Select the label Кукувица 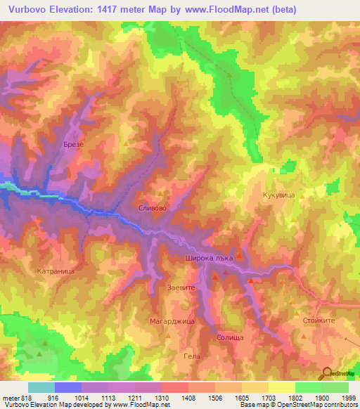[276, 198]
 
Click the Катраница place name [56, 270]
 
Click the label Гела [191, 356]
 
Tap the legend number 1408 [188, 397]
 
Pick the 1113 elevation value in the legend [108, 397]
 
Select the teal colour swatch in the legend [41, 387]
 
